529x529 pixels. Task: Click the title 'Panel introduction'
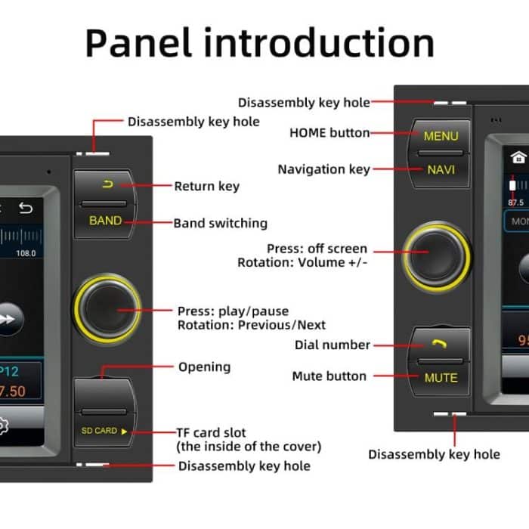tap(259, 43)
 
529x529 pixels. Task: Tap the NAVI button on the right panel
tap(441, 169)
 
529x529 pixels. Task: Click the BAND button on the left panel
tap(105, 221)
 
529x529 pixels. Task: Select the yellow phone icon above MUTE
tap(441, 344)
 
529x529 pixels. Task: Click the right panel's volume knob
tap(436, 255)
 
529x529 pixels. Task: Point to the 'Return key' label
tap(206, 186)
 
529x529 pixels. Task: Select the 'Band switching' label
tap(220, 223)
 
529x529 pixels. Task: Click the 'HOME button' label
tap(329, 133)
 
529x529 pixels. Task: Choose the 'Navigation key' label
tap(323, 169)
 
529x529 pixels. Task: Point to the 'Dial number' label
tap(332, 345)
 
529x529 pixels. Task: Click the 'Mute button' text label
tap(329, 376)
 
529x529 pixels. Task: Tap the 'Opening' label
tap(204, 367)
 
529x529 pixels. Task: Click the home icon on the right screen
tap(518, 157)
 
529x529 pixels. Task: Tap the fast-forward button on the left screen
tap(6, 320)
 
